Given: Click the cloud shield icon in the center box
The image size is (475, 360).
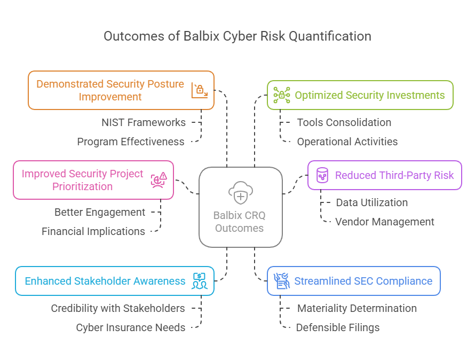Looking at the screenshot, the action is tap(241, 193).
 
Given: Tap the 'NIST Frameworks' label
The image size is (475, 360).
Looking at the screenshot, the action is tap(144, 122).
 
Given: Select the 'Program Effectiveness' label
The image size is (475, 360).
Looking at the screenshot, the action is tap(131, 142).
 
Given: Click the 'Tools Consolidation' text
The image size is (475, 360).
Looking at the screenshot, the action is tap(344, 122).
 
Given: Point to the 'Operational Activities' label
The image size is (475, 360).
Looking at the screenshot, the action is tap(347, 142).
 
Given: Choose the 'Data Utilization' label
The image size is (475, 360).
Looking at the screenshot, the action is tap(371, 202).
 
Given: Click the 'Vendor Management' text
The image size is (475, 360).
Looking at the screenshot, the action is tap(385, 222).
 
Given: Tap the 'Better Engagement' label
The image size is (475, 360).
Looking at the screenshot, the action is tap(100, 212).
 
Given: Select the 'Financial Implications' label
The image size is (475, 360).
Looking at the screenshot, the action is tap(93, 231).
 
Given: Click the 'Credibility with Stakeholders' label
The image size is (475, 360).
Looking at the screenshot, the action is tap(118, 308).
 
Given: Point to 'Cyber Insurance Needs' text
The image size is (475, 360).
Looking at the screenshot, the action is tap(131, 327).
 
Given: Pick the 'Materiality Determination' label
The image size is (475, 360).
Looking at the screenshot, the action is tap(357, 308).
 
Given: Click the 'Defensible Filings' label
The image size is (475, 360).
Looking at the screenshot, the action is tap(338, 327).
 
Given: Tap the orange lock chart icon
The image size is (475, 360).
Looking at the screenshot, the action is tap(200, 90).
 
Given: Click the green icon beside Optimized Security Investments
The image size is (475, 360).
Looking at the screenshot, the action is tap(282, 95).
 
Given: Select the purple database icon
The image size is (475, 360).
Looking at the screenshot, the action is tap(322, 175).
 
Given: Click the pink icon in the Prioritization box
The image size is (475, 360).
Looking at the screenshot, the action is tap(159, 180).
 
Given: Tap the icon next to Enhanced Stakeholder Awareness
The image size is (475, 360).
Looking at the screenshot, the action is tap(199, 281).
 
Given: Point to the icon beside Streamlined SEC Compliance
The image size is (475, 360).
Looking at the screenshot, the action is tap(282, 281).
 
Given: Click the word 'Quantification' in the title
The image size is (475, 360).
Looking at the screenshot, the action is tap(330, 36).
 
